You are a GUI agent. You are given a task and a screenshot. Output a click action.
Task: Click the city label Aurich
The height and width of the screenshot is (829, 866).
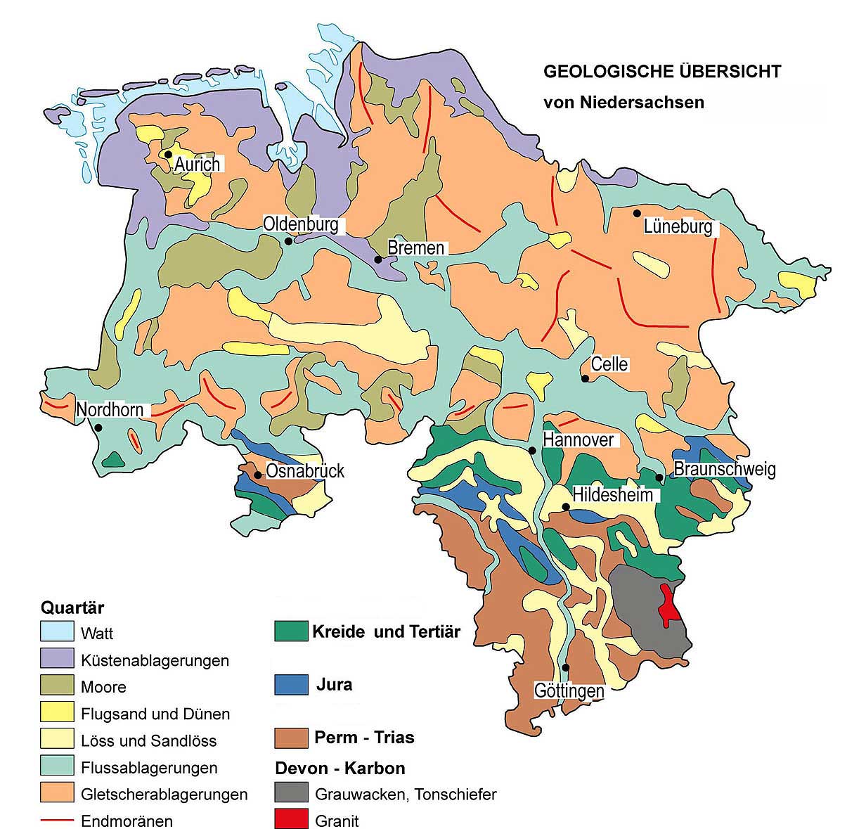click(197, 165)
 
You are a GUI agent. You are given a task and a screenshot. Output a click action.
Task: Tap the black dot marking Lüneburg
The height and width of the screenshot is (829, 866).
click(637, 213)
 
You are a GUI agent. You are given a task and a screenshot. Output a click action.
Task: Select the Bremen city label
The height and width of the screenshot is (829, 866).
click(416, 248)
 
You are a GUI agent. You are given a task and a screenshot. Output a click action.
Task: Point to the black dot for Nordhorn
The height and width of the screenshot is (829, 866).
click(98, 428)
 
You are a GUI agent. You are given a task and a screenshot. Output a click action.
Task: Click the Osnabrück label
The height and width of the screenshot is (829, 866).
click(305, 470)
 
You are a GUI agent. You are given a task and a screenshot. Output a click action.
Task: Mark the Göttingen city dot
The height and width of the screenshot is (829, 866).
click(566, 667)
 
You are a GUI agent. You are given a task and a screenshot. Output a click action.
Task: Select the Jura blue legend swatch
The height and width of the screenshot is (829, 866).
click(291, 684)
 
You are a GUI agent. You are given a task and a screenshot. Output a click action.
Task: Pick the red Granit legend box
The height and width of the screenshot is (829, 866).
click(291, 819)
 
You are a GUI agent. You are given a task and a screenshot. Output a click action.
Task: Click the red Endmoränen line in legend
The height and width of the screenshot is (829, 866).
click(57, 820)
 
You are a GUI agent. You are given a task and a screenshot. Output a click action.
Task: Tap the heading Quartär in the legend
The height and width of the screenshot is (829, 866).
click(72, 607)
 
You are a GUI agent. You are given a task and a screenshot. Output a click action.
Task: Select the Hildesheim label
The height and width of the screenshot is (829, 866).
click(613, 494)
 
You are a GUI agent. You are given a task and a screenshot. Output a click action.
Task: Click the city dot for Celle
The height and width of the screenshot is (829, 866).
click(585, 379)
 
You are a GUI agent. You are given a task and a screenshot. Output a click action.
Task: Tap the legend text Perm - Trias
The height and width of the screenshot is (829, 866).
click(364, 738)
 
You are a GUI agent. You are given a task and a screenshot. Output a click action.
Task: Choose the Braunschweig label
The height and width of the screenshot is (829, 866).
click(725, 469)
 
